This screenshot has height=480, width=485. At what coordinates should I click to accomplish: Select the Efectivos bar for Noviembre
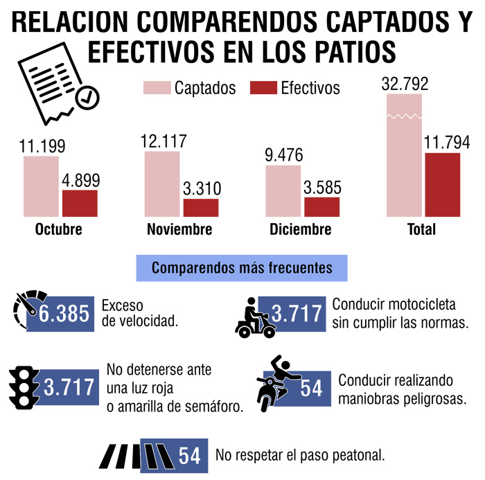(201, 208)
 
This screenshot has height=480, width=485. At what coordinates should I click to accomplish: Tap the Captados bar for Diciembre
(283, 191)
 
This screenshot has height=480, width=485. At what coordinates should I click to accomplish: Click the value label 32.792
(405, 85)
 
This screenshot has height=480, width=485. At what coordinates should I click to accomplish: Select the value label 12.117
(163, 141)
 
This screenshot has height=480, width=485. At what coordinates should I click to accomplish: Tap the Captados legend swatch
(157, 88)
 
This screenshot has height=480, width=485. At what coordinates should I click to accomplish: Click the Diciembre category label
(301, 230)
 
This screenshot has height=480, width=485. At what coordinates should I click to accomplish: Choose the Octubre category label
(58, 230)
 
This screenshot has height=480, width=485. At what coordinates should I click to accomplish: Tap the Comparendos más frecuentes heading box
(242, 267)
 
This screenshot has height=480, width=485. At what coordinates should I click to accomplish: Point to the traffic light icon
(24, 386)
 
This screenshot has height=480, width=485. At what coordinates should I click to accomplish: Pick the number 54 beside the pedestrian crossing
(189, 456)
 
